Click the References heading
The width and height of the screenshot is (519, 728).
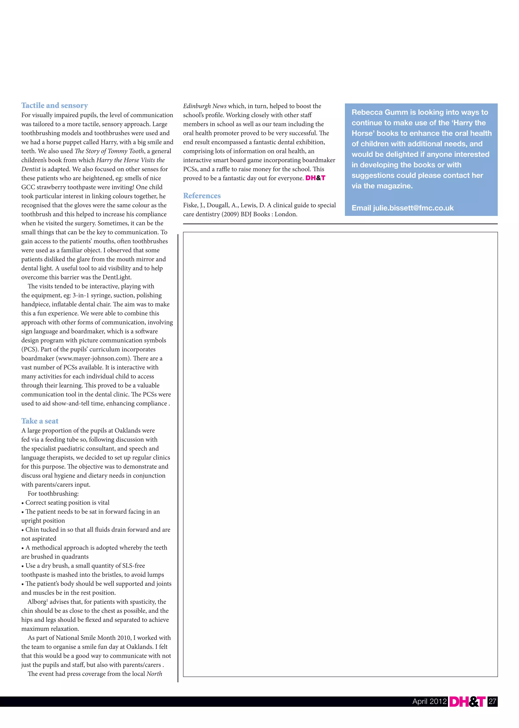point(202,196)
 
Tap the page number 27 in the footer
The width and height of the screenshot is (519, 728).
point(492,701)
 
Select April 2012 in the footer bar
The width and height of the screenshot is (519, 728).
point(429,701)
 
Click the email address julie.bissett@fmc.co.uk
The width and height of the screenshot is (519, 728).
point(413,208)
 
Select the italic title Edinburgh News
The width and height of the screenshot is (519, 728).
point(205,106)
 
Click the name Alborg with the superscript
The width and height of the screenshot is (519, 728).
point(38,602)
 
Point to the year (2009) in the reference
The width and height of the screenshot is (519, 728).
point(230,214)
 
